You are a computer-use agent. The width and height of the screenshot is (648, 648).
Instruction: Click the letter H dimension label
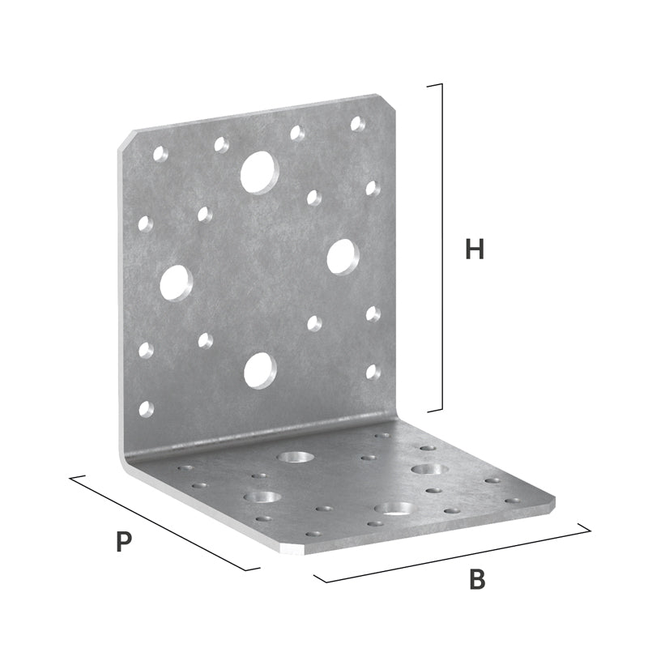coord(475,249)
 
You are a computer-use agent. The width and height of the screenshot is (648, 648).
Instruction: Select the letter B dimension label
coord(477,579)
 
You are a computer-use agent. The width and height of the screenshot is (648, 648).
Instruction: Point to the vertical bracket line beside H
coord(441,248)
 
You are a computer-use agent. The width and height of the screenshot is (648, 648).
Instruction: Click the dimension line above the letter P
coord(164,523)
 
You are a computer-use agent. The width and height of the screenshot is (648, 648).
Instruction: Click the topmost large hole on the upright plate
coord(259,173)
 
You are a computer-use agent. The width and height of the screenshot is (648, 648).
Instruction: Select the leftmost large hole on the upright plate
coord(177,283)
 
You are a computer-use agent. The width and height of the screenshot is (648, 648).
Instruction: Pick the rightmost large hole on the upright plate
coord(343,257)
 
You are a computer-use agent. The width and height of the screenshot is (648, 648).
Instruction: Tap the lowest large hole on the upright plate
coord(260,371)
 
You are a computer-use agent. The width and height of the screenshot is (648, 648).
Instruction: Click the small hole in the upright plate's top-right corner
coord(357,124)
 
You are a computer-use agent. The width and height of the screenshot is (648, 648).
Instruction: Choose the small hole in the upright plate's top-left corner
coord(160,153)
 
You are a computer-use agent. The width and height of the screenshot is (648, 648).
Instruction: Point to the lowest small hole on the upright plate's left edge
coord(146,409)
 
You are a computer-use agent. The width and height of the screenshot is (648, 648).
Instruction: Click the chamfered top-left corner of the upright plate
coord(126,139)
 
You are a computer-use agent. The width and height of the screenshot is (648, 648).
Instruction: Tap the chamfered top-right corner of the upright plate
coord(386,101)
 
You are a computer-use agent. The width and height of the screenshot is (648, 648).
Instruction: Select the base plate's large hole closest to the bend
coord(296,457)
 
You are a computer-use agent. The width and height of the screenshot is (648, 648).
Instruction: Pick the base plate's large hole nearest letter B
coord(394,508)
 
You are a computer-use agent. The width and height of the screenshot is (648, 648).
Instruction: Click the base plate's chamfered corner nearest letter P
coord(292,550)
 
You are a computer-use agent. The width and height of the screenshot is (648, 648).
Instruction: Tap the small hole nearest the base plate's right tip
coord(513,501)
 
